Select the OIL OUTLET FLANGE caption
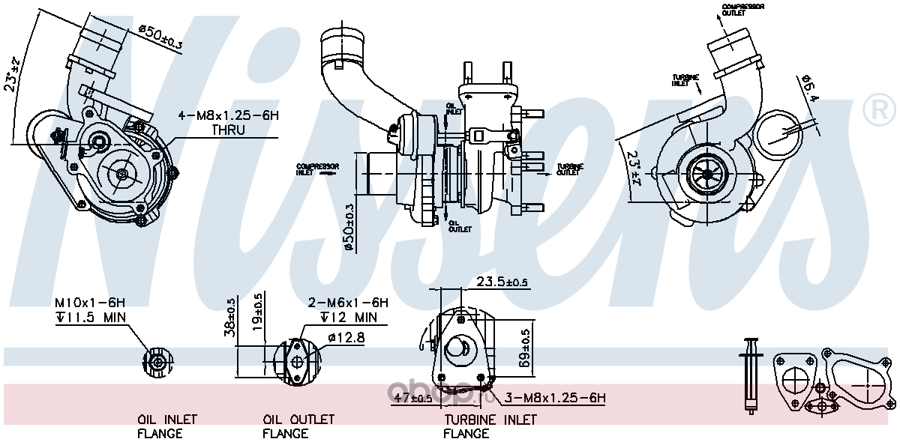(x=298, y=426)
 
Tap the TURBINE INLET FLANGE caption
(x=490, y=426)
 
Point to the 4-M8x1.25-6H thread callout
(x=227, y=116)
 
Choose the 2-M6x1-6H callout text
(x=348, y=303)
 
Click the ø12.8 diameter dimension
(x=346, y=338)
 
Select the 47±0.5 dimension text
(x=412, y=399)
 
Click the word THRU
(x=227, y=130)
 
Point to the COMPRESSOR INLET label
(x=317, y=169)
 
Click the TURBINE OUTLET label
(x=568, y=169)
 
